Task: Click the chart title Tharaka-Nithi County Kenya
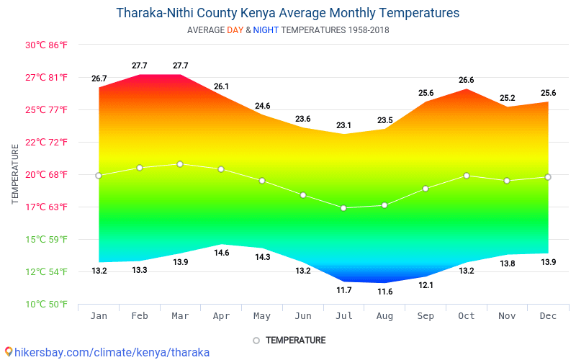tap(287, 13)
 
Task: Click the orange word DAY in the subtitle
tap(235, 30)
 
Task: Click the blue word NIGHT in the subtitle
tap(266, 30)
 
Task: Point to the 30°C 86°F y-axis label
tap(46, 45)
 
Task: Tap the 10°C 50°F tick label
tap(46, 304)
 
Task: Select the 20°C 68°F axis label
tap(46, 174)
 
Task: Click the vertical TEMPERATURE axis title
tap(15, 174)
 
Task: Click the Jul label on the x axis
tap(343, 316)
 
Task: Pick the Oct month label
tap(466, 316)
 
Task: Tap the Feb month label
tap(140, 316)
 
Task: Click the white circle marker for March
tap(180, 164)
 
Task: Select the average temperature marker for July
tap(343, 208)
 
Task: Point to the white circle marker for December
tap(548, 177)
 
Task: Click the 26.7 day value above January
tap(99, 78)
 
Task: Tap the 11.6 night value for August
tap(384, 292)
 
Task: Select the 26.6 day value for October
tap(466, 80)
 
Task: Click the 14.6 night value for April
tap(221, 253)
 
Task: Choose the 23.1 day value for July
tap(343, 125)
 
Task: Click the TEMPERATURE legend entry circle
tap(256, 340)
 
